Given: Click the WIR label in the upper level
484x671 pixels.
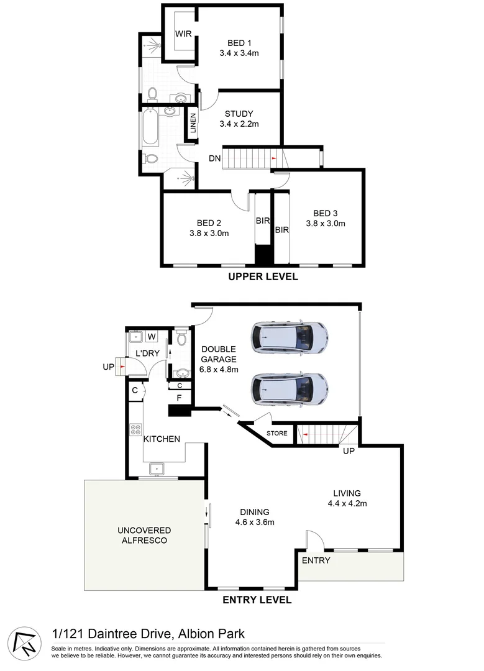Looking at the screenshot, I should coord(183,34).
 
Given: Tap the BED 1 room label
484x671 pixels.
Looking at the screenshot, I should coord(239,43).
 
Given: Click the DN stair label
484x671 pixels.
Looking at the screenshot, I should coord(215,158).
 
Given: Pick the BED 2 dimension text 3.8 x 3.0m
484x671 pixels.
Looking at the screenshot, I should coord(209,234).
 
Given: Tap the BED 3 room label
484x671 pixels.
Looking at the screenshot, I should coord(326,213).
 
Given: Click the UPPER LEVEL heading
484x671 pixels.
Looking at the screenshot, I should coord(263,276).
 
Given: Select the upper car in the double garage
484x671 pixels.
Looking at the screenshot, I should coord(289,337).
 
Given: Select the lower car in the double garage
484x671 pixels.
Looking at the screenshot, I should coord(289,388).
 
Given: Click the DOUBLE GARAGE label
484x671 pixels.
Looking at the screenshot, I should coord(218,354).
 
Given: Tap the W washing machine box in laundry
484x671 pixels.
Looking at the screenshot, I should coord(152,337).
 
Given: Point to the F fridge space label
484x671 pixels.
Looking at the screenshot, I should coord(180,397).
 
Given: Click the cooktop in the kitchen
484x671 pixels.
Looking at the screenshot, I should coord(136,430).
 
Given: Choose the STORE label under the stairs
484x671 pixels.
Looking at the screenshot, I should coord(277,433).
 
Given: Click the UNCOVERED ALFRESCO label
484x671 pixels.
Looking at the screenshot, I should coord(144,535).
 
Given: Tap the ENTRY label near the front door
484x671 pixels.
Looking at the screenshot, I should coord(316,560).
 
